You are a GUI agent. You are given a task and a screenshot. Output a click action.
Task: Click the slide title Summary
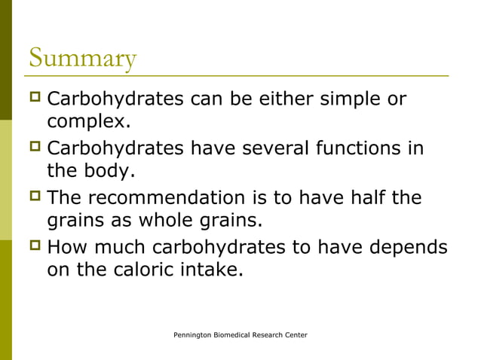pyautogui.click(x=83, y=58)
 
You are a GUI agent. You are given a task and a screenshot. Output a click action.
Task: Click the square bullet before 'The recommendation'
pyautogui.click(x=35, y=198)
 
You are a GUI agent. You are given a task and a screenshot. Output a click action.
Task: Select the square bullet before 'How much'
pyautogui.click(x=35, y=247)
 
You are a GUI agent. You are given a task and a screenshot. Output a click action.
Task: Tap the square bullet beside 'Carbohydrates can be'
pyautogui.click(x=35, y=99)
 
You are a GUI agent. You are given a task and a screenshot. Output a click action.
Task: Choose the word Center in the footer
pyautogui.click(x=295, y=334)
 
